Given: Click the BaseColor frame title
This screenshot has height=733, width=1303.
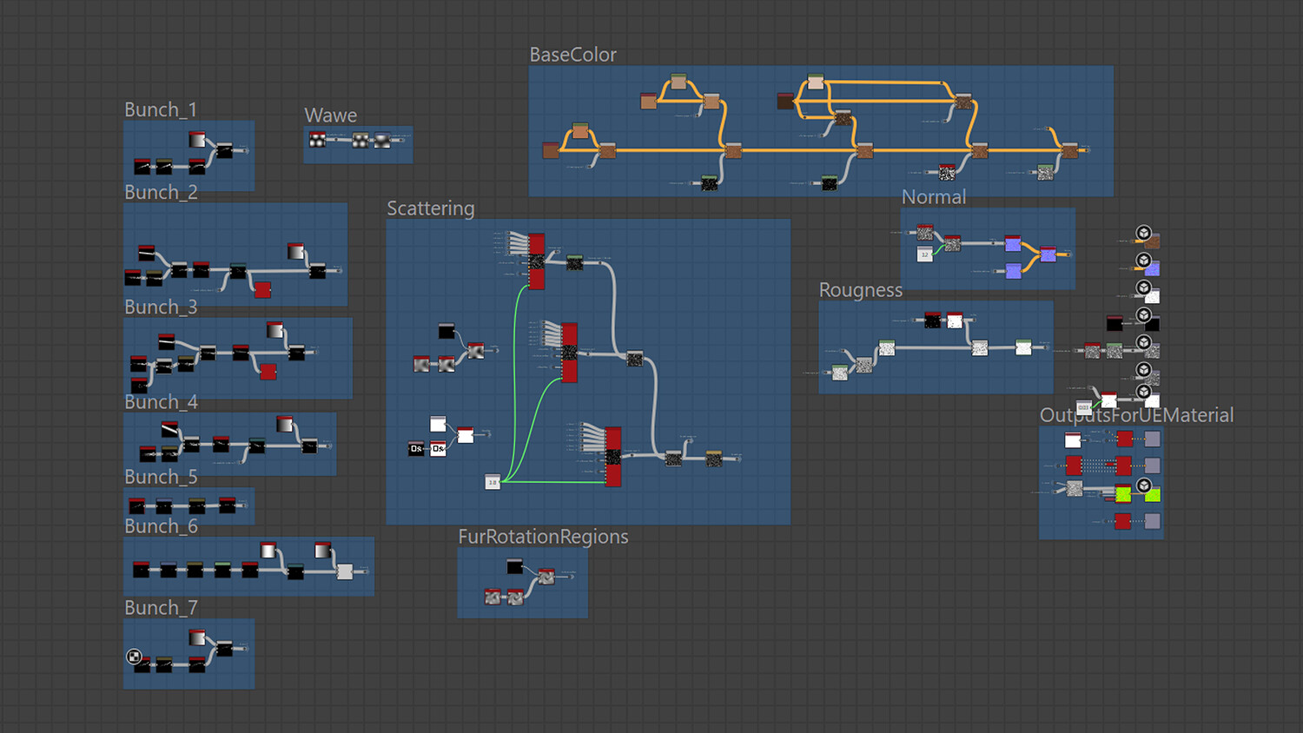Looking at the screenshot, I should click(x=572, y=55).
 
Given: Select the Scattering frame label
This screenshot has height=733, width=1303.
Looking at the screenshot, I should click(x=430, y=208).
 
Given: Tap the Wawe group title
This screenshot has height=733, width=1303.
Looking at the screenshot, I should click(x=330, y=116).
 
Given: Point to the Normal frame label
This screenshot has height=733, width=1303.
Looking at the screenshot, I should click(x=933, y=197).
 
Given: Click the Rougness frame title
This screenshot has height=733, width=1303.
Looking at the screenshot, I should click(x=860, y=290).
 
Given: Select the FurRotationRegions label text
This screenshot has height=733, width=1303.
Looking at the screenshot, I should click(x=543, y=537).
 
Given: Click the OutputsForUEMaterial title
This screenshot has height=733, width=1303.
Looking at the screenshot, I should click(x=1136, y=415).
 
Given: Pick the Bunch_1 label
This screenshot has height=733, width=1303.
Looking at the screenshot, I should click(x=160, y=109).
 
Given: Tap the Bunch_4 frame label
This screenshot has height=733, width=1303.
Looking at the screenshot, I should click(x=161, y=402).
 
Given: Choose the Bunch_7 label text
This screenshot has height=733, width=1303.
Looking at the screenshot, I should click(x=161, y=608).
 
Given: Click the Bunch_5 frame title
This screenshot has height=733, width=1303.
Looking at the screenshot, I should click(x=161, y=477).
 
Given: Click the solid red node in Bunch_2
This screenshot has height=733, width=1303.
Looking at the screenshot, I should click(x=262, y=289).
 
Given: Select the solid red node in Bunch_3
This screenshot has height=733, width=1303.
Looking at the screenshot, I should click(x=268, y=372).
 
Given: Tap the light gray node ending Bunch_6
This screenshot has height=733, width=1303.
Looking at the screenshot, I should click(x=345, y=571).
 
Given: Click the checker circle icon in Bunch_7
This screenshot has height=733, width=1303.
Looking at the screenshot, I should click(x=134, y=657).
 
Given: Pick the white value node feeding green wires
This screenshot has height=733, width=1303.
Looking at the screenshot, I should click(x=493, y=482).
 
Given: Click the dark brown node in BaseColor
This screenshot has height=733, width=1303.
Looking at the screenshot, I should click(x=785, y=102).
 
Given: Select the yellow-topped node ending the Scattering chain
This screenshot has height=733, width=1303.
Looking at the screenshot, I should click(x=714, y=459).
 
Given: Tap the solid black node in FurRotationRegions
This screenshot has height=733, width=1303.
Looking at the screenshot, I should click(x=515, y=567).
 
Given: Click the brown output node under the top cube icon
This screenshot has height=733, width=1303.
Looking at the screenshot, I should click(x=1152, y=242).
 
